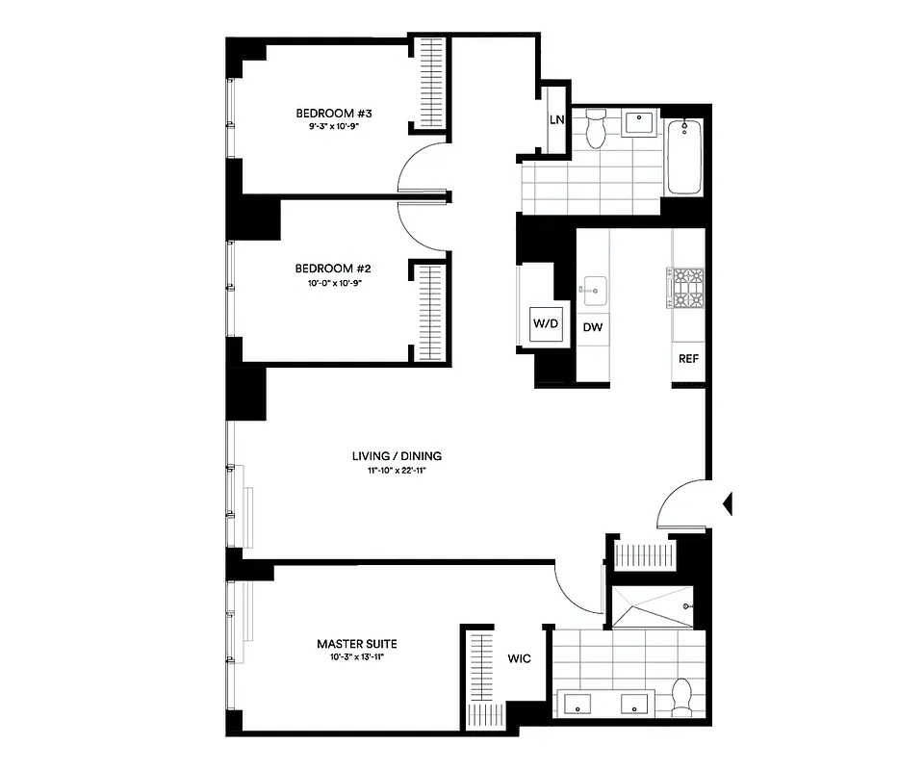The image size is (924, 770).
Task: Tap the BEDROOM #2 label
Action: [x=333, y=269]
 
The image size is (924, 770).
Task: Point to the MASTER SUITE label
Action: [x=357, y=644]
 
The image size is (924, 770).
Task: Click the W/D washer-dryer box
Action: [x=546, y=324]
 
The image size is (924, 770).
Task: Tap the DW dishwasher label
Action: [x=594, y=327]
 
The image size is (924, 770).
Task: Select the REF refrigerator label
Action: [x=687, y=360]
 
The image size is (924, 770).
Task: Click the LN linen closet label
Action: [x=556, y=120]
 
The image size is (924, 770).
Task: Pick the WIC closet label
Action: [x=521, y=659]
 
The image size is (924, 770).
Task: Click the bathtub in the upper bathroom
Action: [x=684, y=154]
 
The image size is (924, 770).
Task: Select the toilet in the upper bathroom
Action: [x=596, y=128]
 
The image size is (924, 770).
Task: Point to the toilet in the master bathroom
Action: [x=682, y=697]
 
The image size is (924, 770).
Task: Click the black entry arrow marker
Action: [x=728, y=502]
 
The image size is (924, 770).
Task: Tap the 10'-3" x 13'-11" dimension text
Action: [x=357, y=658]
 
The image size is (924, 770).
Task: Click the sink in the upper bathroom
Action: [x=639, y=122]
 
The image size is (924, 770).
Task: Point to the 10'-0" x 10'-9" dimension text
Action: [x=333, y=283]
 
